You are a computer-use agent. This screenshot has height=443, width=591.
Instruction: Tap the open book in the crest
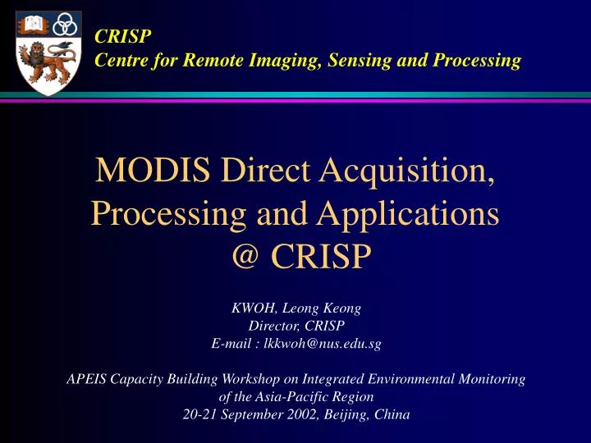[30, 25]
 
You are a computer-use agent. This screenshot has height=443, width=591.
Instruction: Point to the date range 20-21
[198, 414]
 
